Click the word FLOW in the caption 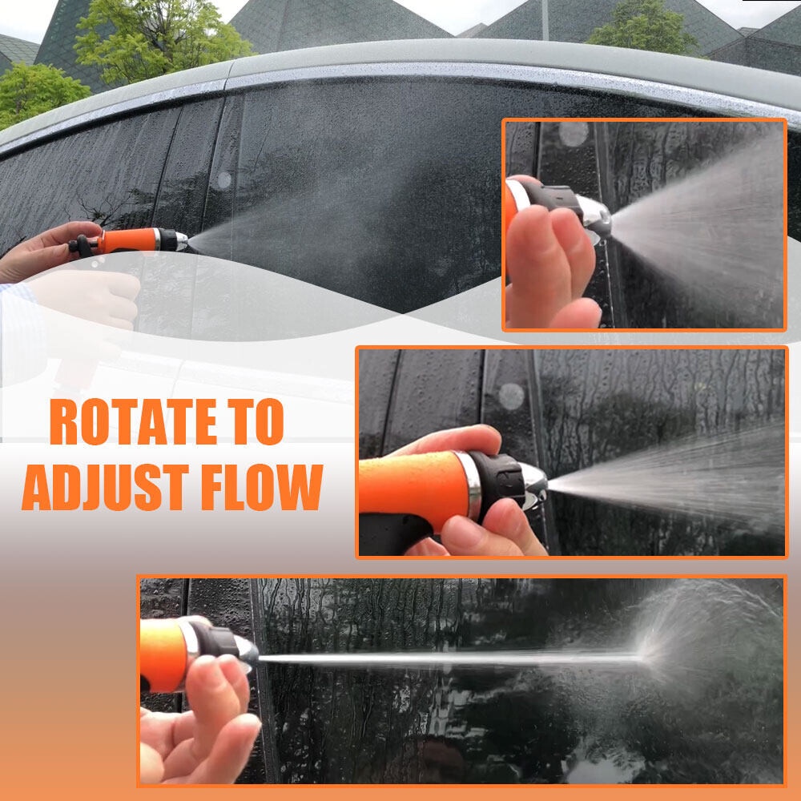coord(262,488)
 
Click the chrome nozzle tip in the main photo coord(182,240)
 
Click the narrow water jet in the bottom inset coord(449,658)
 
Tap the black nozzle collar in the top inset coord(553,198)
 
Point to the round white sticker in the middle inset coord(511,396)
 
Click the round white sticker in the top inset coord(574,134)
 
